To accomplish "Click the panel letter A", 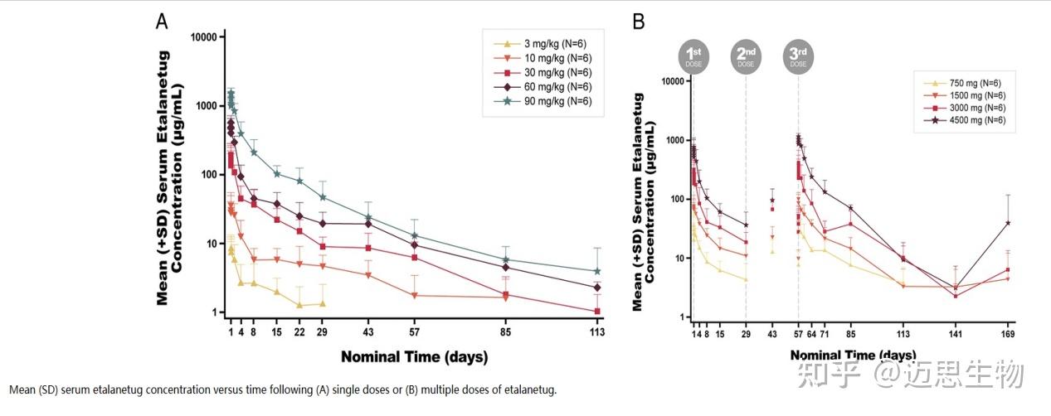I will (x=163, y=21).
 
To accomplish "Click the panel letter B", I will (x=639, y=21).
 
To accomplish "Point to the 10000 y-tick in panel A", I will (x=203, y=37).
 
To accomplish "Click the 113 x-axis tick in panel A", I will (x=596, y=331).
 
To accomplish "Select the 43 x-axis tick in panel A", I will (x=367, y=331).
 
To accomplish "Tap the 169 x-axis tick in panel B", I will (x=1007, y=334).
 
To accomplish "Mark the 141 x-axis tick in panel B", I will (x=955, y=334).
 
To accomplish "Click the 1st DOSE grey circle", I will (x=693, y=56).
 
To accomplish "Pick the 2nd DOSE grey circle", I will (x=746, y=56).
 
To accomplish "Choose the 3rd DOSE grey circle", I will (x=798, y=56).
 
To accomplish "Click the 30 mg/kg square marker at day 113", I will (x=596, y=312).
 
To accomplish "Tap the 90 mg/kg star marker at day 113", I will (x=596, y=271).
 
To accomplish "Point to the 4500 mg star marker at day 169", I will (x=1007, y=222).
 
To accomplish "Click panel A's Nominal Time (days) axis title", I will (x=414, y=357).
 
